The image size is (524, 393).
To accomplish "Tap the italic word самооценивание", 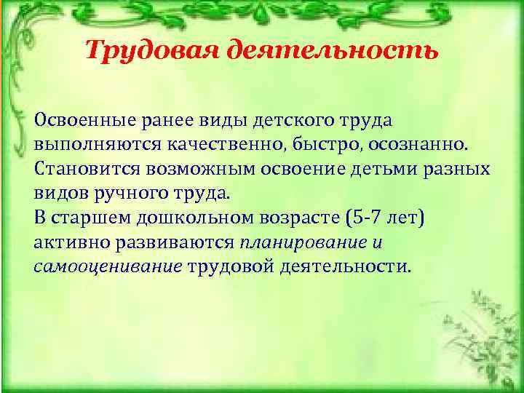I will (x=108, y=266).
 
